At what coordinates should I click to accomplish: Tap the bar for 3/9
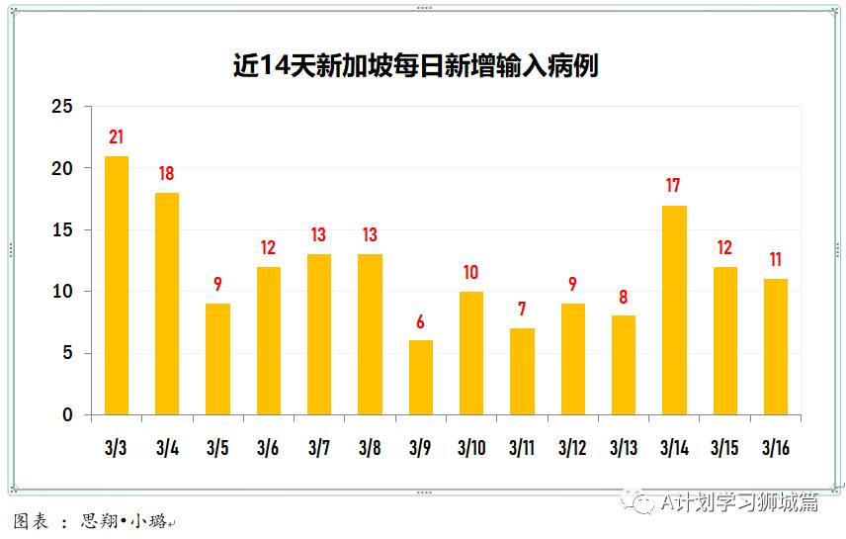pyautogui.click(x=421, y=377)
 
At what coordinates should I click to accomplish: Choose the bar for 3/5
pyautogui.click(x=217, y=359)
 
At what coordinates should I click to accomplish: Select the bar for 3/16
pyautogui.click(x=776, y=346)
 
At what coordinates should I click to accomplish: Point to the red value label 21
pyautogui.click(x=117, y=137)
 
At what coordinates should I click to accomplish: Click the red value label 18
pyautogui.click(x=167, y=174)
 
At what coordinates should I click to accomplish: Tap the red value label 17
pyautogui.click(x=674, y=186)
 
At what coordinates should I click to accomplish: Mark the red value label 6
pyautogui.click(x=421, y=321)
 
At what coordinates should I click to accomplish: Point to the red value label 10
pyautogui.click(x=471, y=273)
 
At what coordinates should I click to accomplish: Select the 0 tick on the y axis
pyautogui.click(x=67, y=415)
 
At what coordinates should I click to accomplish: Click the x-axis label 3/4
pyautogui.click(x=167, y=448)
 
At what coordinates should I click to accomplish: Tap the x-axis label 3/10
pyautogui.click(x=471, y=448)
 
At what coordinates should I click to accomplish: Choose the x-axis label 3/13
pyautogui.click(x=624, y=448)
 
